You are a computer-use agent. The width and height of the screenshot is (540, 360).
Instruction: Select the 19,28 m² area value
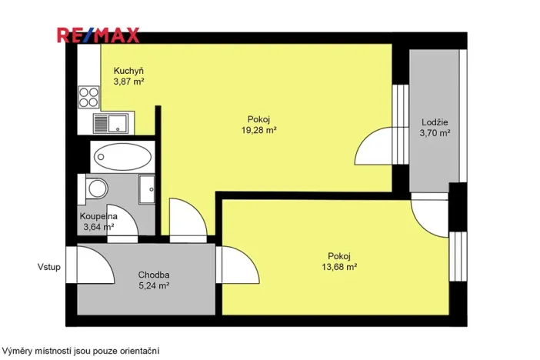coord(258,130)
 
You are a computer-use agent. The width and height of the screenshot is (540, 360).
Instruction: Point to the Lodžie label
coord(435,122)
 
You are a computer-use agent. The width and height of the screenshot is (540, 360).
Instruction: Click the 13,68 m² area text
coord(338,267)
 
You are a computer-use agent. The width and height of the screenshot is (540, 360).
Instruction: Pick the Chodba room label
coord(154,275)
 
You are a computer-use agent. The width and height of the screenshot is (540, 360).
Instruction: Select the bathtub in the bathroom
coord(122,158)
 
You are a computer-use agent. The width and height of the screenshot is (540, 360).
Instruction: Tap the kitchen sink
coord(112,122)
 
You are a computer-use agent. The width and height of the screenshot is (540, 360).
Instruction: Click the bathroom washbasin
coord(146,188)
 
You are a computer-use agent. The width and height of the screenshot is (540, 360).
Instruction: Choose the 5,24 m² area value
coord(154,285)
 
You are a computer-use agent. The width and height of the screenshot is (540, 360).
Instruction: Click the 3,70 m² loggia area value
coord(435,132)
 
